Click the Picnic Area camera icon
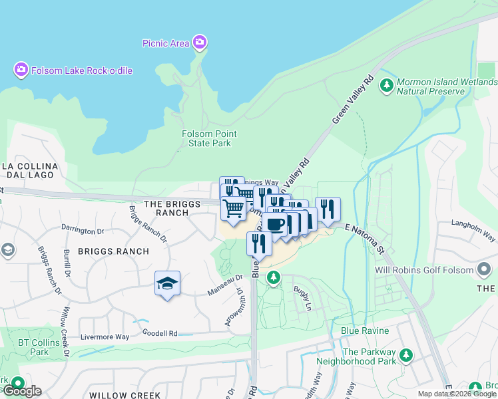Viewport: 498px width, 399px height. click(200, 43)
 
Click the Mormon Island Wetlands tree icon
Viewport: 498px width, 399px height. click(385, 85)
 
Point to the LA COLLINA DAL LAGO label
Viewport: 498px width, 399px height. click(39, 170)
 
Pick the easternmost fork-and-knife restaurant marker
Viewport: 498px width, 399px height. click(328, 209)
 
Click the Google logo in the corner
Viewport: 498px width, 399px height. click(21, 391)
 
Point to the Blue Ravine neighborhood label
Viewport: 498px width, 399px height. click(359, 331)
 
